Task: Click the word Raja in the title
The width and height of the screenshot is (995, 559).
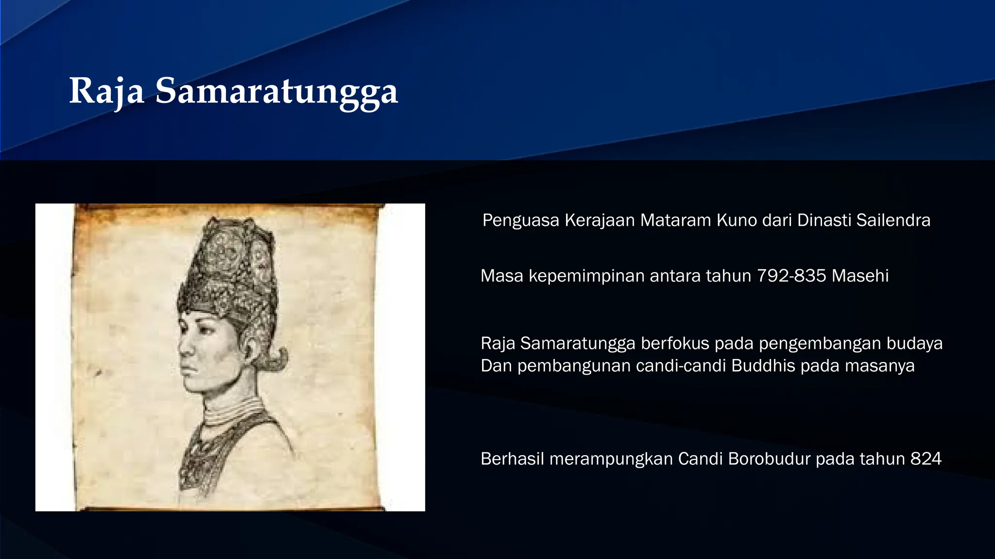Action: pos(106,91)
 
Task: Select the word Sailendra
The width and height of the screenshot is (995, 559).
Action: pos(893,220)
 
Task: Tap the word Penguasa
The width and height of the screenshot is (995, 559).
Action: pos(521,220)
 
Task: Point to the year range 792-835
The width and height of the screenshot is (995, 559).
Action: pos(791,276)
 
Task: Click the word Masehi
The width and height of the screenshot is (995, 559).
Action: pos(860,276)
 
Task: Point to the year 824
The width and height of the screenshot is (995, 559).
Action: pos(926,459)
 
